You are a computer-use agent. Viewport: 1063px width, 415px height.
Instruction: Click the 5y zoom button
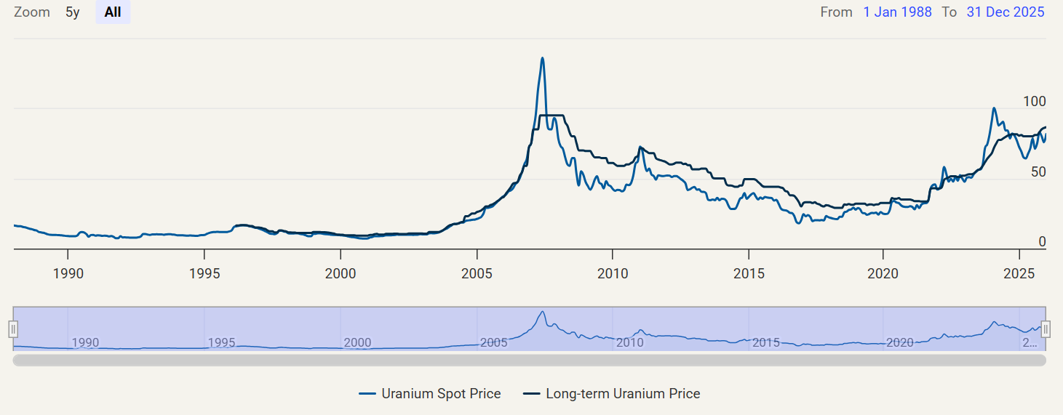click(x=73, y=12)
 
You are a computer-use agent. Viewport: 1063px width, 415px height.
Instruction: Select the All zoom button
click(x=113, y=12)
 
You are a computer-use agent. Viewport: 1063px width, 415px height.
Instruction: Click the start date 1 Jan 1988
click(x=897, y=12)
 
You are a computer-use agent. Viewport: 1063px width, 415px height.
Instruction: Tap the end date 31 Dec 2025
click(x=1005, y=12)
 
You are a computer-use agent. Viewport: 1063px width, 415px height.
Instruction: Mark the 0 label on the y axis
click(x=1042, y=242)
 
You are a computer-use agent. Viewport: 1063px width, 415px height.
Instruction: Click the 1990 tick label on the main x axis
click(x=68, y=273)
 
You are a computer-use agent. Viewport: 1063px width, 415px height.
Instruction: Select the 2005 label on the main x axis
click(x=477, y=273)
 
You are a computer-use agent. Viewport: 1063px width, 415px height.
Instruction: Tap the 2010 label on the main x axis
click(x=613, y=273)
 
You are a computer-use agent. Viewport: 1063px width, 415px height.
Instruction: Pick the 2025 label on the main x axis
click(x=1019, y=273)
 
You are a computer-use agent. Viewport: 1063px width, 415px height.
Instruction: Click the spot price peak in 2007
click(x=542, y=58)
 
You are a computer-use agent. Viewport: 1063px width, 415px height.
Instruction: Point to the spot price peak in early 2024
click(x=994, y=108)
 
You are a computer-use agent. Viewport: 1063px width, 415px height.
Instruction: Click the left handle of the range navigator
click(x=13, y=329)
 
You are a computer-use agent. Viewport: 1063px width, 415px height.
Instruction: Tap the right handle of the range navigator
click(x=1046, y=329)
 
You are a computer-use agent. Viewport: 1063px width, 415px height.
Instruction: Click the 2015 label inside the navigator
click(x=766, y=342)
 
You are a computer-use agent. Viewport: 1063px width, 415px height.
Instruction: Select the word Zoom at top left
click(x=32, y=12)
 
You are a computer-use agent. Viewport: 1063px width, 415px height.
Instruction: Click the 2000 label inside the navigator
click(x=357, y=342)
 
